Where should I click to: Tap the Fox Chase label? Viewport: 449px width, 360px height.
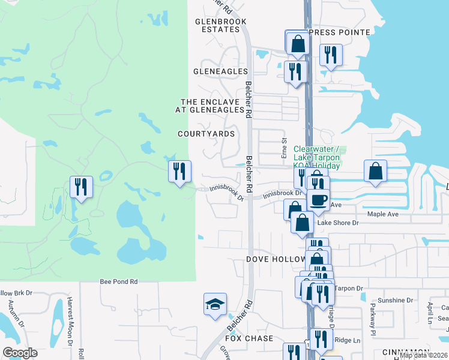click(249, 338)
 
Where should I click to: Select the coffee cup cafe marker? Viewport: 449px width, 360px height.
click(318, 199)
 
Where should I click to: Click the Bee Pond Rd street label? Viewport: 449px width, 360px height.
click(119, 281)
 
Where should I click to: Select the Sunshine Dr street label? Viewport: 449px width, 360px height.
click(394, 300)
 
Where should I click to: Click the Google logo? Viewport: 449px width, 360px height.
click(20, 353)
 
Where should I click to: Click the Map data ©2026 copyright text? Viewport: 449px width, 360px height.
click(424, 355)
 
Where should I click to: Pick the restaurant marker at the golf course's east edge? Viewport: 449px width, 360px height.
click(179, 172)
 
